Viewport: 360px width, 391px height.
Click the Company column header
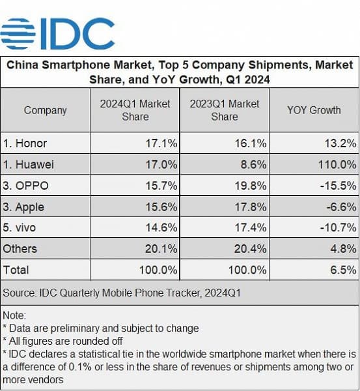(45, 110)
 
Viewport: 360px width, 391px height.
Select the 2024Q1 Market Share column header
(135, 110)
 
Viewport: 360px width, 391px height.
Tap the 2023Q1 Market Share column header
(225, 110)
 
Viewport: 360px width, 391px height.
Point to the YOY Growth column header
(313, 110)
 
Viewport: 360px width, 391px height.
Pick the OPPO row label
(26, 186)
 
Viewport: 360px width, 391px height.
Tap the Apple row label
(24, 207)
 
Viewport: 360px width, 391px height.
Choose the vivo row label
(21, 227)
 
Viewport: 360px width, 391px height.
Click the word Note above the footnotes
(14, 315)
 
